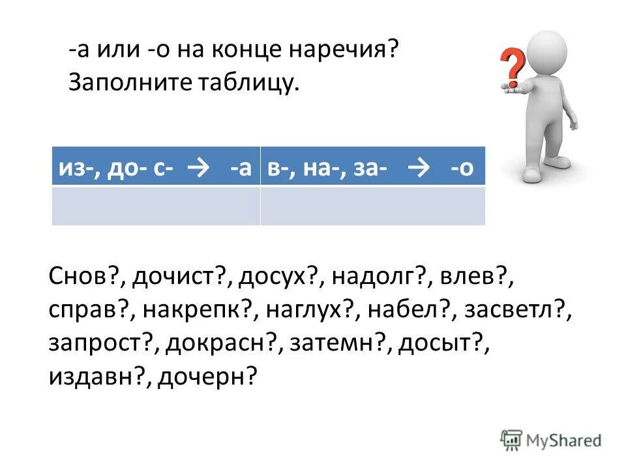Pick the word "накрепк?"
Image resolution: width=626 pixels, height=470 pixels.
196,311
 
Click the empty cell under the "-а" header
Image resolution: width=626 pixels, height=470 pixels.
155,206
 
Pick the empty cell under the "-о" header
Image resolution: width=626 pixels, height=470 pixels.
373,206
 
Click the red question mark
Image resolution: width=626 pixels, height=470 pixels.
514,67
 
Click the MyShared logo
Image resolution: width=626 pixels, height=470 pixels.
552,440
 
